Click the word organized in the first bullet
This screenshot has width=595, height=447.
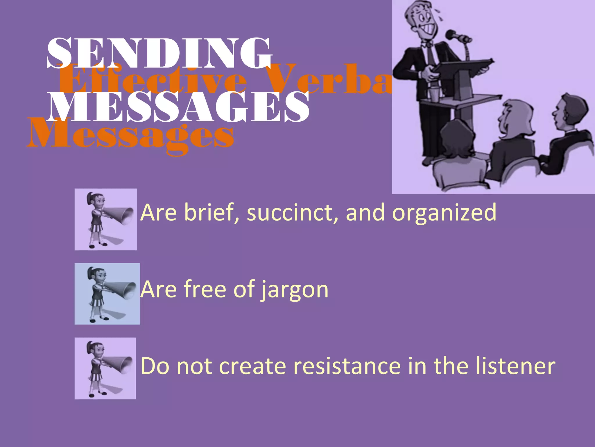[444, 213]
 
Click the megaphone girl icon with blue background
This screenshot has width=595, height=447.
[107, 294]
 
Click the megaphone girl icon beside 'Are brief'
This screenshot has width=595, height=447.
[106, 219]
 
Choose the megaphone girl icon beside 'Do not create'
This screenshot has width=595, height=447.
[105, 368]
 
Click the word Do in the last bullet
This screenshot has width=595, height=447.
[155, 366]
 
